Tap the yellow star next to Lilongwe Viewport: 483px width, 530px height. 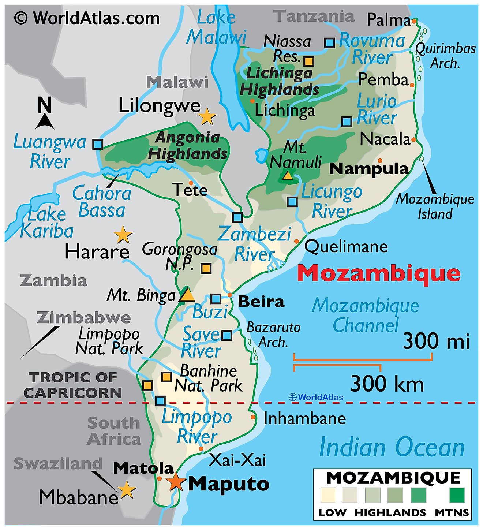click(207, 117)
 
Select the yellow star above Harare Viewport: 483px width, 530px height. click(123, 235)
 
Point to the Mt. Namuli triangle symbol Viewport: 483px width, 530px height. click(288, 176)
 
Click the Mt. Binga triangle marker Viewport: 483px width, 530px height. click(187, 295)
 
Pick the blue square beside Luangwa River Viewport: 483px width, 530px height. click(97, 144)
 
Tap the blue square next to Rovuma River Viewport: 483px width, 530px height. click(330, 43)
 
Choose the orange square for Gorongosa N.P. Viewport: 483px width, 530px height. click(206, 268)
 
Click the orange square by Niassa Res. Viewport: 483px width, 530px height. click(309, 61)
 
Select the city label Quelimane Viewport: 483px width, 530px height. click(346, 247)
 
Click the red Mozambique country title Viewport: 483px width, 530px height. click(378, 273)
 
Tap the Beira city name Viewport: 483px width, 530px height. click(261, 302)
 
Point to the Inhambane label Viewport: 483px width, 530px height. click(304, 418)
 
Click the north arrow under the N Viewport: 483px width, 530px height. click(45, 122)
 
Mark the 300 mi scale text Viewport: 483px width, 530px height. click(436, 341)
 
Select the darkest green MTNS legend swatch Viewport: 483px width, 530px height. click(457, 495)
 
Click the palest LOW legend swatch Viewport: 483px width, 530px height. click(328, 495)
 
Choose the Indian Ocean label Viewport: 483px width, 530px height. click(392, 447)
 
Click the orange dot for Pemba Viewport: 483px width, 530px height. click(412, 85)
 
